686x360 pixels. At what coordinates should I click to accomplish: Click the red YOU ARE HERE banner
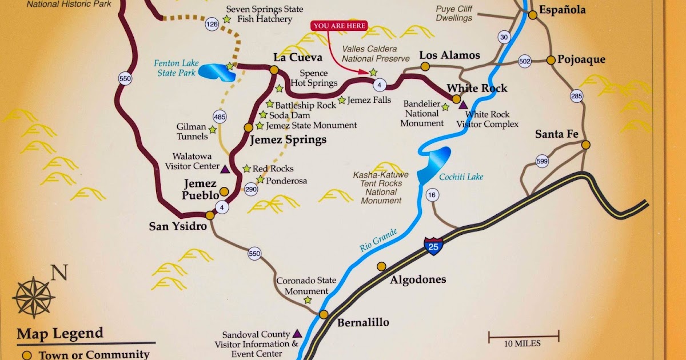click(x=338, y=26)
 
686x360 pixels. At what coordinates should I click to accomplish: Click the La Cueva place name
click(x=297, y=57)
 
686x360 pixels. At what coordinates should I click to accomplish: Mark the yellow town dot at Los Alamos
click(x=425, y=67)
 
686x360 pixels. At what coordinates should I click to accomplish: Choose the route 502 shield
click(x=524, y=61)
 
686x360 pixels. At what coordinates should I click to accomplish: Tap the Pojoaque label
click(x=581, y=59)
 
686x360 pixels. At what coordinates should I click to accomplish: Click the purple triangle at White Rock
click(x=463, y=105)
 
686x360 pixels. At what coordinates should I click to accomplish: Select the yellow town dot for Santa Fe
click(x=585, y=145)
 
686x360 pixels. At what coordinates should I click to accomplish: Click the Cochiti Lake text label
click(x=461, y=177)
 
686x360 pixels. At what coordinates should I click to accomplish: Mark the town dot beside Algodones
click(x=381, y=266)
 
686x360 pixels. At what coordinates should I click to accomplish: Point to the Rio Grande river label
click(x=378, y=240)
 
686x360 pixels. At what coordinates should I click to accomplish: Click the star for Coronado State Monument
click(x=308, y=299)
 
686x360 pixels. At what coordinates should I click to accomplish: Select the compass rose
click(x=33, y=297)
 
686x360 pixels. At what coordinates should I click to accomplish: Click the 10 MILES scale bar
click(x=523, y=337)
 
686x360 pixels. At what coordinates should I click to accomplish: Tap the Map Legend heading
click(x=60, y=334)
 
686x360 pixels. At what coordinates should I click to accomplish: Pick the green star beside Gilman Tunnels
click(x=213, y=130)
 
